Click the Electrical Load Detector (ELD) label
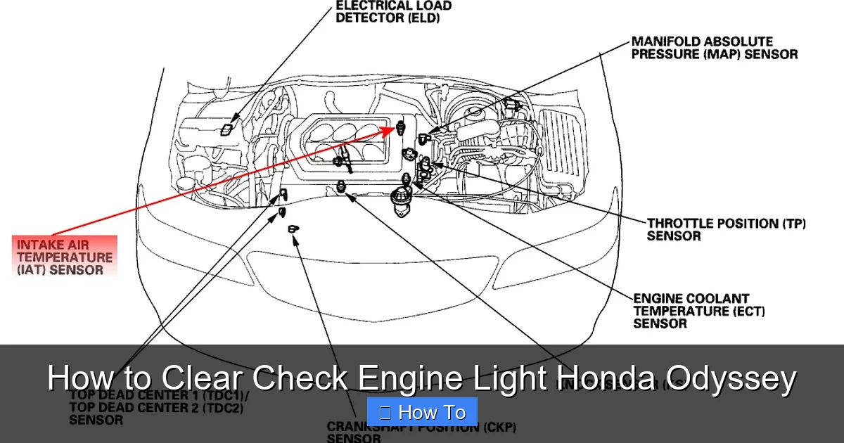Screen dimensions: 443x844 [393, 11]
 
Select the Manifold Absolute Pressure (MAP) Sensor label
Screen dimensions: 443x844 [714, 48]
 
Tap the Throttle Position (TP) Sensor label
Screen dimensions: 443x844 [726, 230]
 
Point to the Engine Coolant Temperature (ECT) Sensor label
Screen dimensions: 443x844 [699, 311]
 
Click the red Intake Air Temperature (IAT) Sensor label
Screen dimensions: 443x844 [64, 257]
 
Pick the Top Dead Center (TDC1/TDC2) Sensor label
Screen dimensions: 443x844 [159, 407]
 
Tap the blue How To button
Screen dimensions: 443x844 [422, 412]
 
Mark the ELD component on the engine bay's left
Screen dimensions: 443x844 [226, 129]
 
